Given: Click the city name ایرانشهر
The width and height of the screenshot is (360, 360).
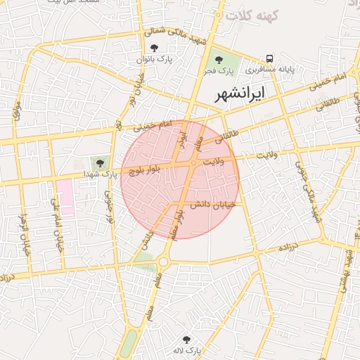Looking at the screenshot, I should click(x=240, y=93).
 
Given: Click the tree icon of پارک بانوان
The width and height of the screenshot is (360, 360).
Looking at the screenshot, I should click(x=154, y=49).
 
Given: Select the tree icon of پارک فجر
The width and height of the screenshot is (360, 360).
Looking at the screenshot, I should click(x=219, y=60).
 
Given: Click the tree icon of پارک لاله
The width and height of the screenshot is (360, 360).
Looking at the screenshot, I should click(x=186, y=340).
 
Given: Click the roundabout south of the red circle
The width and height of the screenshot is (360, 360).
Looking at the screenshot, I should click(x=164, y=262).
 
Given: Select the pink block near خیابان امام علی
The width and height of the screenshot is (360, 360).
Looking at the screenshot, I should click(x=65, y=197).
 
